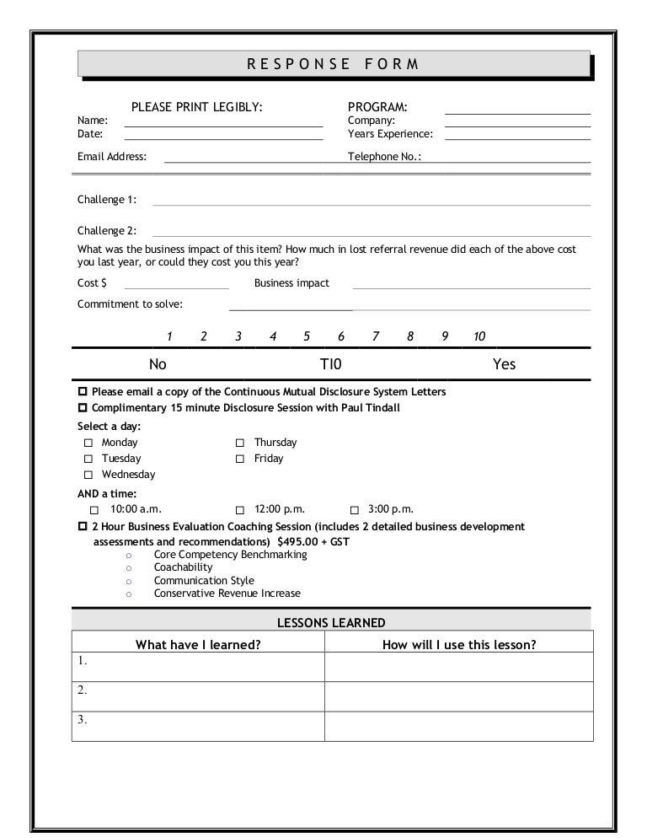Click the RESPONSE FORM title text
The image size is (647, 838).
[332, 64]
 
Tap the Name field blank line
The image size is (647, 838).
[223, 125]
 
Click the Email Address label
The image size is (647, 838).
[112, 157]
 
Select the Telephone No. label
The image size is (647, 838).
[385, 157]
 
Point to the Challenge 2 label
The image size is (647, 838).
[107, 230]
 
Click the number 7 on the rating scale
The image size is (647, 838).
[376, 337]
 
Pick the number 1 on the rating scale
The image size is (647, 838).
[170, 337]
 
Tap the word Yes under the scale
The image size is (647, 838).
[504, 364]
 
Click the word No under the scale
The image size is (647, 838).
[158, 364]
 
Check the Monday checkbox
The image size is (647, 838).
[88, 443]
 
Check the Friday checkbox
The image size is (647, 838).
[240, 459]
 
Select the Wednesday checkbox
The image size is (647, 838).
[88, 475]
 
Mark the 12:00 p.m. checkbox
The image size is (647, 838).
[240, 510]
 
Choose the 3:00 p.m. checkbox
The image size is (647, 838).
[354, 510]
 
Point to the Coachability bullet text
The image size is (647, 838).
[183, 567]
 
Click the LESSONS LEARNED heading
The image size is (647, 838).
[331, 623]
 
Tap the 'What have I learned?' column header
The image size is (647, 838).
[198, 645]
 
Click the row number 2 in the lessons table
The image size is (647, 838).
[82, 690]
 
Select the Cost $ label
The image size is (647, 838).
[92, 283]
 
